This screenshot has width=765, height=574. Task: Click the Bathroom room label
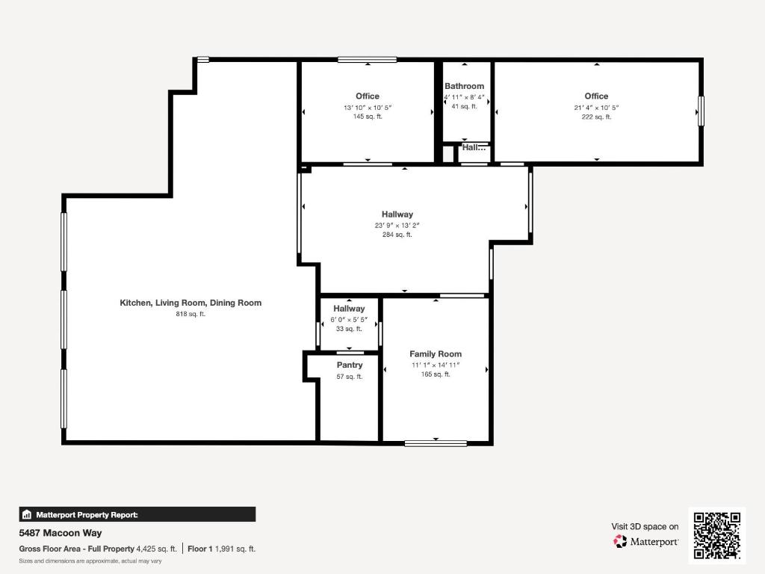click(x=464, y=86)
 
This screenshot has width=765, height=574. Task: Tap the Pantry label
click(x=350, y=365)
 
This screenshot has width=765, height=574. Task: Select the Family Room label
click(x=436, y=354)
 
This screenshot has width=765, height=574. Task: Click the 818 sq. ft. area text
click(x=191, y=314)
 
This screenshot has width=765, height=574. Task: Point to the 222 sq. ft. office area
click(x=596, y=117)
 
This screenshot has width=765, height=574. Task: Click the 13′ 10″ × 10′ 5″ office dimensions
click(x=368, y=108)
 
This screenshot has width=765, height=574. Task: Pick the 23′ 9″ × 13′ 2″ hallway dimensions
click(x=397, y=225)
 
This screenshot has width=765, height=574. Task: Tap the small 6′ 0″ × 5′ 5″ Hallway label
click(x=349, y=309)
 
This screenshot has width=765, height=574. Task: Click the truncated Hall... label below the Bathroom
click(x=474, y=148)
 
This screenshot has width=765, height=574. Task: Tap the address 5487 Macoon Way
click(x=61, y=533)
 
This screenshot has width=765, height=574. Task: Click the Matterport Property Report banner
click(x=137, y=514)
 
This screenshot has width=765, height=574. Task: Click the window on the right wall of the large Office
click(x=700, y=111)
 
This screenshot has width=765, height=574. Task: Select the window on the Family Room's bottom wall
click(x=436, y=443)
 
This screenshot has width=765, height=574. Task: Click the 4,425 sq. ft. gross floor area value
click(x=157, y=549)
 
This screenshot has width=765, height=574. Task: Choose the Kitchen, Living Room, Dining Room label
click(x=191, y=303)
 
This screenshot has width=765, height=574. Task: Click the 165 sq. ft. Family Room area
click(x=436, y=374)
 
